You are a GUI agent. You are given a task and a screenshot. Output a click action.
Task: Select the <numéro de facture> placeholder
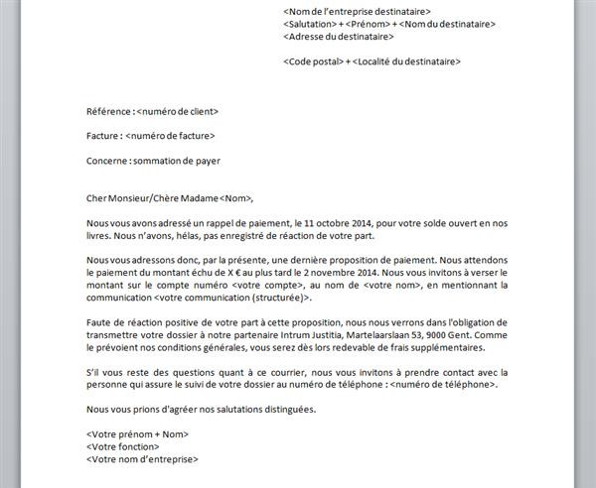(x=171, y=136)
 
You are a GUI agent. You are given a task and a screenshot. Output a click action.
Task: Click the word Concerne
(x=106, y=160)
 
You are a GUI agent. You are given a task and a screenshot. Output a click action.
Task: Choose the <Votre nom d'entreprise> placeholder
(x=142, y=459)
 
